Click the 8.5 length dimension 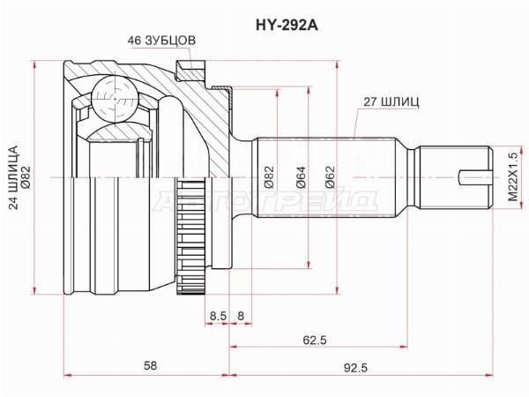click(x=217, y=316)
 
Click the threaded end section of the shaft click(x=454, y=176)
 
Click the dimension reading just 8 click(x=240, y=316)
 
